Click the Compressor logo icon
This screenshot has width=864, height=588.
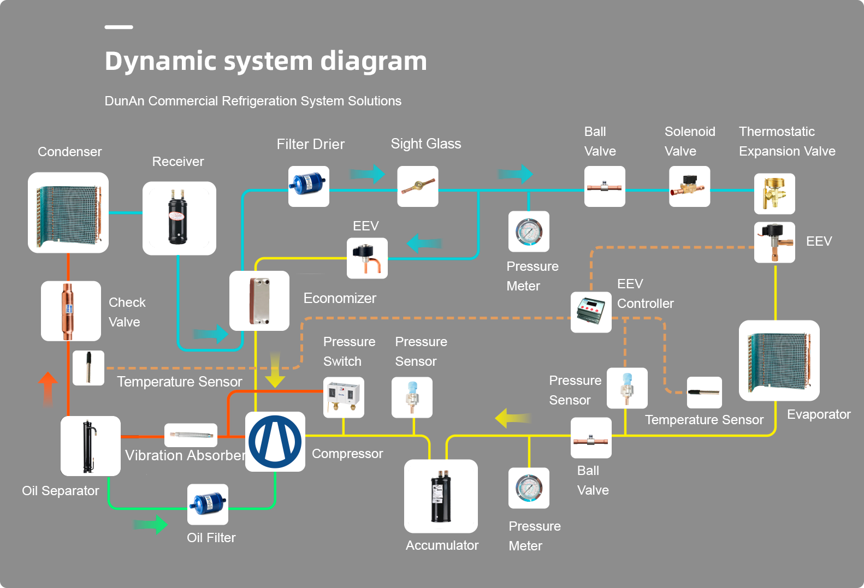point(275,442)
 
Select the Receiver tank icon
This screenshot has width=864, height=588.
point(179,218)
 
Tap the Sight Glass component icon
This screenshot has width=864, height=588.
point(417,186)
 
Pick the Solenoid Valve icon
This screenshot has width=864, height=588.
point(689,186)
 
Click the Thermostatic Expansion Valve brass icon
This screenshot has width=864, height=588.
point(774,194)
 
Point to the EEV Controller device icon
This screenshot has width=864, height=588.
point(591,312)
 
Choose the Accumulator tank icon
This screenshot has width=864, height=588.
point(441,496)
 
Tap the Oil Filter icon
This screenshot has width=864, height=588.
point(208,504)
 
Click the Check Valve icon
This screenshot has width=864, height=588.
point(70,311)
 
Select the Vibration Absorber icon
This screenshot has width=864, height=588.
point(191,435)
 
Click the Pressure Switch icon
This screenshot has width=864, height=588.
point(344,397)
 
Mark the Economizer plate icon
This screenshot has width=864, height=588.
point(259,301)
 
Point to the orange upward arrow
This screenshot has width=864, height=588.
point(48,389)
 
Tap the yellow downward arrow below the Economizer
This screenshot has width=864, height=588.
point(275,371)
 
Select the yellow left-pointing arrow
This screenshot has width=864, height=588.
point(513,418)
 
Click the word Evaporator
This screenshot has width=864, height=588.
point(818,414)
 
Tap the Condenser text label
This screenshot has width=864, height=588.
point(69,152)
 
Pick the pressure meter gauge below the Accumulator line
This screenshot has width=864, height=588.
point(529,488)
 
